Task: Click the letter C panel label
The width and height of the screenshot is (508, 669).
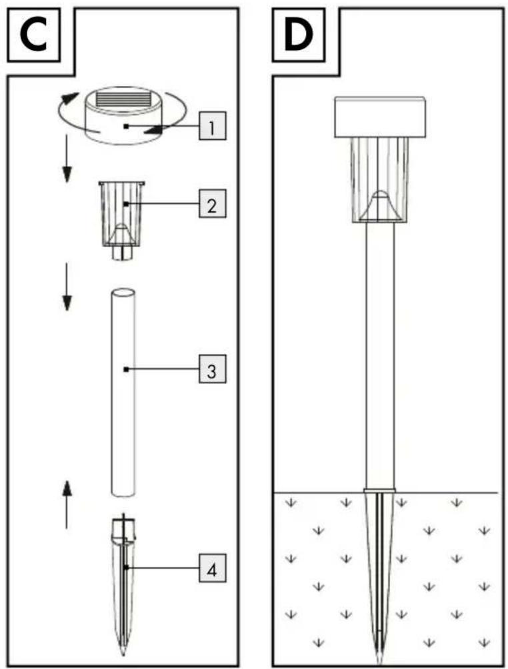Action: point(33,35)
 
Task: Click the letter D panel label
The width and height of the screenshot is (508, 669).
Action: point(299,35)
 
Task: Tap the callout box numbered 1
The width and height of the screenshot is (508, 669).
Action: point(212,126)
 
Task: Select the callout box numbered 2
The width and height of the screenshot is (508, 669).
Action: point(212,204)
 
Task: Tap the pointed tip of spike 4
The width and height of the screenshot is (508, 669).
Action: point(123,653)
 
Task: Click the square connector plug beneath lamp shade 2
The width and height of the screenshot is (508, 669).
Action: point(123,253)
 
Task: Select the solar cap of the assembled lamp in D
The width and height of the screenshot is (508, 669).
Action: point(380,117)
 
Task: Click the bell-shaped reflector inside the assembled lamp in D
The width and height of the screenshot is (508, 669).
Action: point(379,207)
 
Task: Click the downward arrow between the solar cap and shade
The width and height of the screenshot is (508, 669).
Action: point(67,159)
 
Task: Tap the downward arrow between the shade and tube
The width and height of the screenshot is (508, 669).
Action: point(67,287)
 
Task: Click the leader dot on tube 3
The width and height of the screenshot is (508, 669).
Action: point(126,369)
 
